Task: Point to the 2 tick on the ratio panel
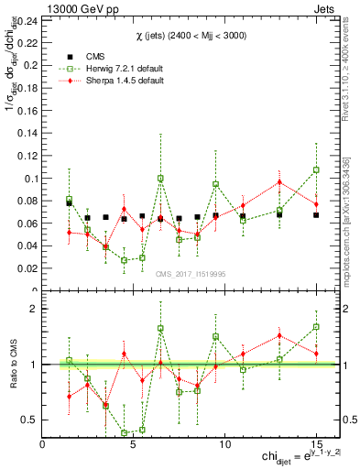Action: (34, 309)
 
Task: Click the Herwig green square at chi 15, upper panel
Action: (316, 169)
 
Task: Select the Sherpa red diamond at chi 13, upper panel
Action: (279, 181)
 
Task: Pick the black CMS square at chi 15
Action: (316, 215)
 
